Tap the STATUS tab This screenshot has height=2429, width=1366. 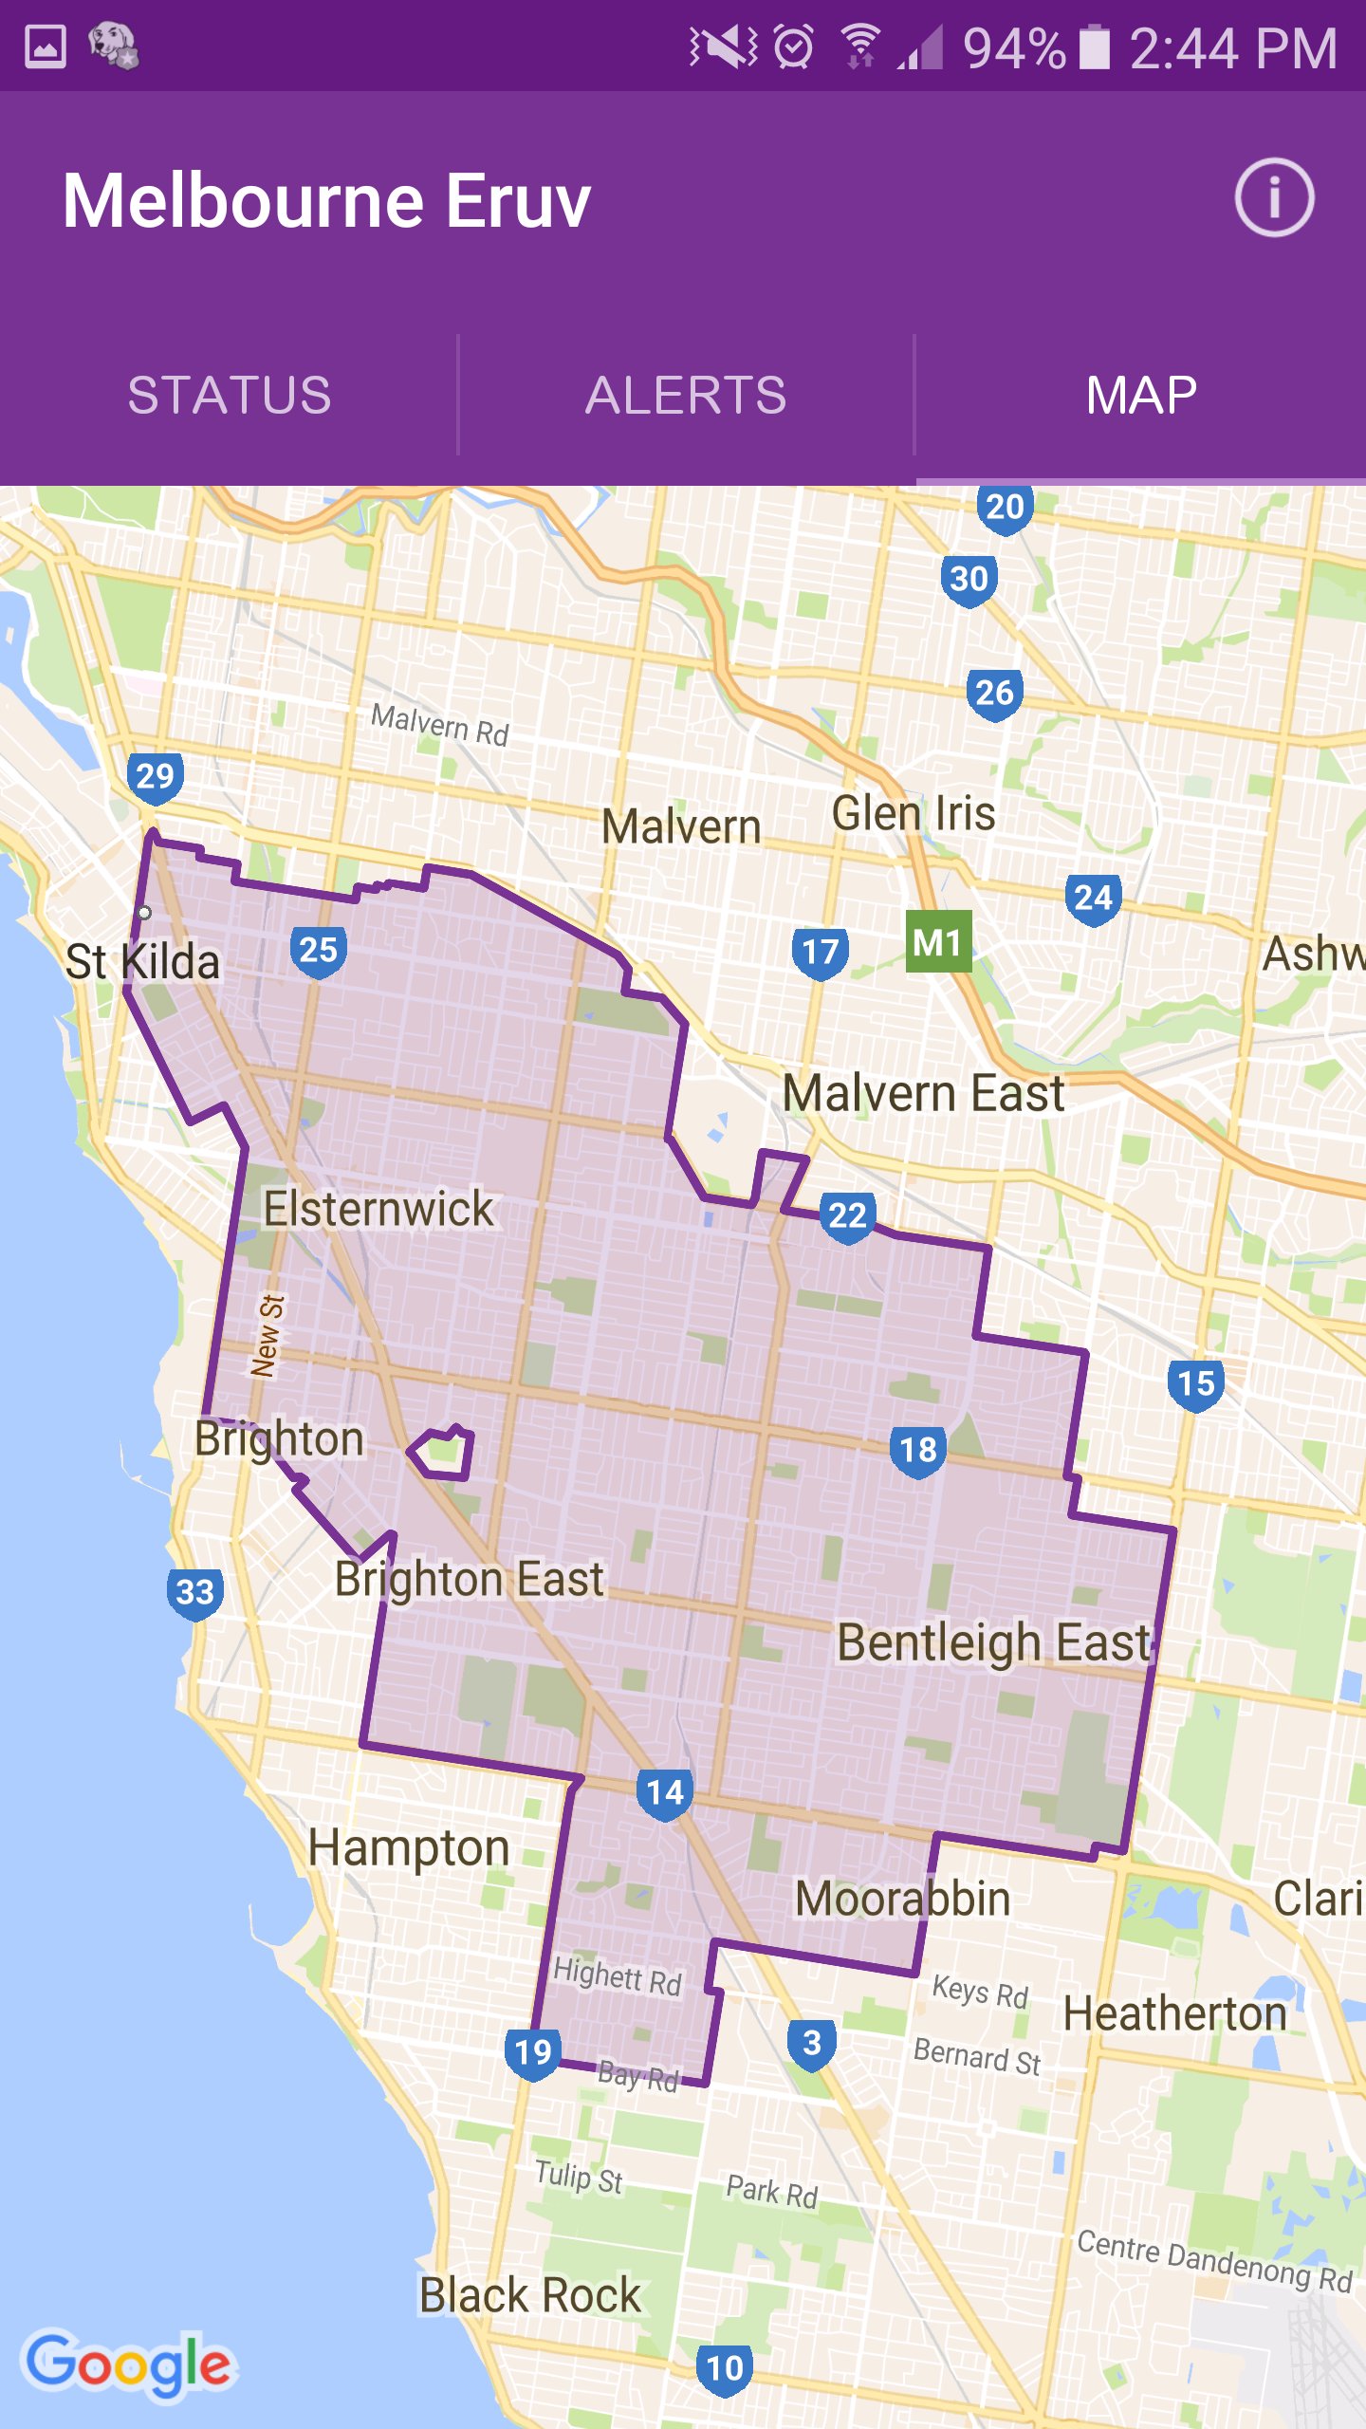(x=229, y=395)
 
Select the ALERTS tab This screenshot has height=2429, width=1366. (x=685, y=395)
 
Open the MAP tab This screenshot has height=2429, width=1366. (x=1140, y=395)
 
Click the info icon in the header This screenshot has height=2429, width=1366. (x=1274, y=198)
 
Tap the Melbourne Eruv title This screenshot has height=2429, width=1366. (x=326, y=201)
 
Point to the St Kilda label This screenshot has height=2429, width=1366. (x=142, y=962)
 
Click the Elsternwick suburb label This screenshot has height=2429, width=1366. (x=378, y=1209)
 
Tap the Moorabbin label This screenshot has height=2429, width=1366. (x=902, y=1899)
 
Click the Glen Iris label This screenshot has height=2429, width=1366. (x=913, y=814)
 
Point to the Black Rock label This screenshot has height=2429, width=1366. (x=530, y=2295)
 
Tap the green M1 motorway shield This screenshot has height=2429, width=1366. (x=938, y=942)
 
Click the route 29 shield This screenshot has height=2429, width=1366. (x=156, y=777)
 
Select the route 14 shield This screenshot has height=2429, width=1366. (x=664, y=1793)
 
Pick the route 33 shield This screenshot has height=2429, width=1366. (x=195, y=1592)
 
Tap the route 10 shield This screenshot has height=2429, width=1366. (x=725, y=2368)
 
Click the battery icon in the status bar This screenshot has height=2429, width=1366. (x=1095, y=47)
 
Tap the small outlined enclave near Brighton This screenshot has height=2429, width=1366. (x=442, y=1453)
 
